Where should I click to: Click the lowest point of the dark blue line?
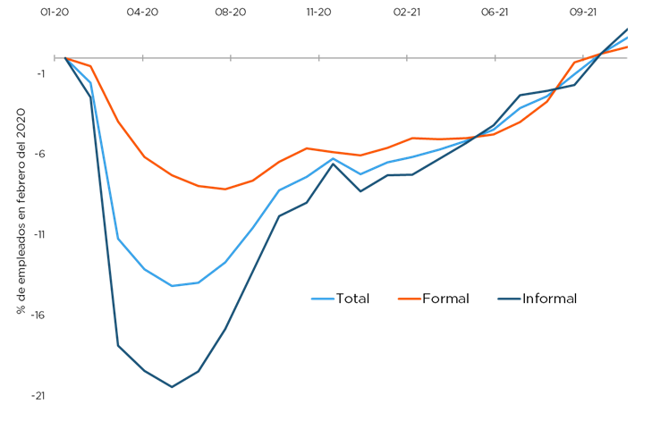pyautogui.click(x=172, y=387)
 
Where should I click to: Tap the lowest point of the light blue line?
pyautogui.click(x=173, y=286)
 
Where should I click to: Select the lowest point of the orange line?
pyautogui.click(x=225, y=190)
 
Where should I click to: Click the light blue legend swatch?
pyautogui.click(x=322, y=299)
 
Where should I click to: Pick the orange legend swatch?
pyautogui.click(x=409, y=299)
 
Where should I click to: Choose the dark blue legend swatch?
pyautogui.click(x=509, y=299)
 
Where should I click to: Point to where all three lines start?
pyautogui.click(x=65, y=58)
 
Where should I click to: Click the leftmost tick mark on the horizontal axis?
pyautogui.click(x=55, y=58)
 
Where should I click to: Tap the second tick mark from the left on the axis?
pyautogui.click(x=143, y=58)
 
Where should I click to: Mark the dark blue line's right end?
pyautogui.click(x=628, y=29)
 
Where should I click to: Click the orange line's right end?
pyautogui.click(x=628, y=46)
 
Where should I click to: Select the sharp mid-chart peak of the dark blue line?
pyautogui.click(x=333, y=164)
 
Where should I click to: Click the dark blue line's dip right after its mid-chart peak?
pyautogui.click(x=360, y=191)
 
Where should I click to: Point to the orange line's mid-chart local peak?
pyautogui.click(x=308, y=147)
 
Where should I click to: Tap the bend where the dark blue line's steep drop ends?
pyautogui.click(x=118, y=345)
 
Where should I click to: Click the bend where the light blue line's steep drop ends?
pyautogui.click(x=118, y=238)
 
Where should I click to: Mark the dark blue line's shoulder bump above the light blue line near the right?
pyautogui.click(x=520, y=95)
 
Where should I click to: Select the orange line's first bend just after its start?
pyautogui.click(x=91, y=66)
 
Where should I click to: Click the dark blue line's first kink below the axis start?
pyautogui.click(x=89, y=94)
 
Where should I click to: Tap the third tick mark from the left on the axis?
pyautogui.click(x=231, y=58)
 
